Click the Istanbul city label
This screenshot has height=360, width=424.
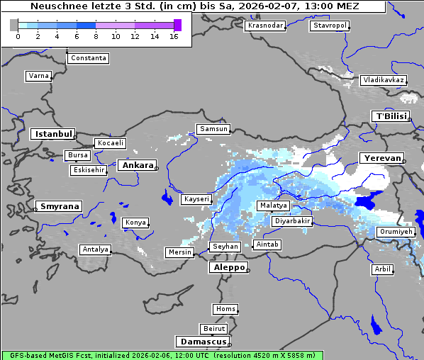[x=52, y=133]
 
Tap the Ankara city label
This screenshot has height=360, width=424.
[x=137, y=165]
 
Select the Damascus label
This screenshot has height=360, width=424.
[x=203, y=342]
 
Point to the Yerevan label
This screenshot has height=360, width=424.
[x=381, y=158]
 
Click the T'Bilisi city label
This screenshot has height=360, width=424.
[x=390, y=116]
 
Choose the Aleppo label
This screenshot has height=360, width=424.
[x=228, y=268]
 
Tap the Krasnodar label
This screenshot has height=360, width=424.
[x=264, y=26]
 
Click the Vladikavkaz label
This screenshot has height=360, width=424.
[x=383, y=80]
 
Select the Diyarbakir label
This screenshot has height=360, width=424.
[x=291, y=221]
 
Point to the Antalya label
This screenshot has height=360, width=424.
[x=95, y=249]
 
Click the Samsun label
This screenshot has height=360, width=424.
[x=213, y=129]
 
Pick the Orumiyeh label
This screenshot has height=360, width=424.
[x=395, y=232]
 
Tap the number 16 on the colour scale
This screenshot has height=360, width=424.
[x=174, y=37]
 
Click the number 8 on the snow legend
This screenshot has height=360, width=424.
[x=96, y=37]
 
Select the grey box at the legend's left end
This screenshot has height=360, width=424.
[x=14, y=25]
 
